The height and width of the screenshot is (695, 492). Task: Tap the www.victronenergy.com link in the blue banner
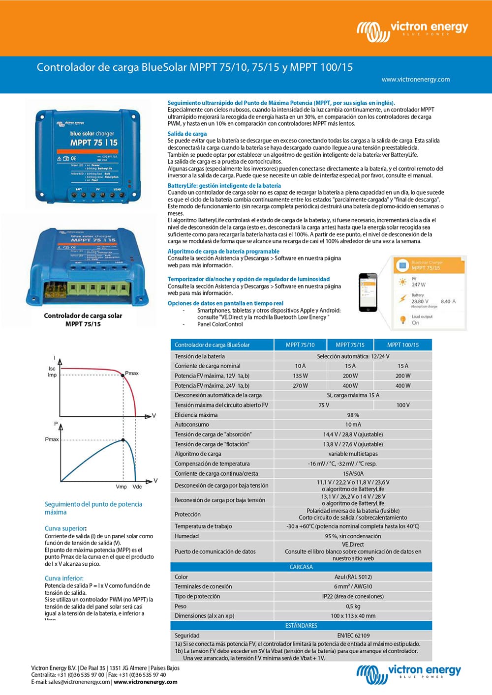click(x=416, y=80)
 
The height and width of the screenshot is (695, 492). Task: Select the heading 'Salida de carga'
click(x=187, y=134)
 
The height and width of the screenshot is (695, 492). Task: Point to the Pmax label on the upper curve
click(x=132, y=373)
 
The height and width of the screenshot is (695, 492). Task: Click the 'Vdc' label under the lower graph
click(x=137, y=487)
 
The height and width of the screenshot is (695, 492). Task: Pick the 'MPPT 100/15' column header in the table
click(x=403, y=345)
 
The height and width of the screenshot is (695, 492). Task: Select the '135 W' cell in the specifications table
click(x=300, y=376)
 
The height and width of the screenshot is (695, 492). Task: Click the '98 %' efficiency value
click(x=353, y=415)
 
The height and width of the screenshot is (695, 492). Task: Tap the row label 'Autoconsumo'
click(x=192, y=425)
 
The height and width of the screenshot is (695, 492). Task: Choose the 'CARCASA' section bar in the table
click(x=301, y=567)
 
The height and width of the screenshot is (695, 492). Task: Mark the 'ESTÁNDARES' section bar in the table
click(x=301, y=626)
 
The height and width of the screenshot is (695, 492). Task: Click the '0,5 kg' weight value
click(x=353, y=606)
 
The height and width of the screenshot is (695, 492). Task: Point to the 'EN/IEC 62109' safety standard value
click(x=353, y=636)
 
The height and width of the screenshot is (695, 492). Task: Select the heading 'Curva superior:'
click(x=65, y=528)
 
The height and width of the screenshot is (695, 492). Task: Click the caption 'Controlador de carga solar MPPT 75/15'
click(x=83, y=319)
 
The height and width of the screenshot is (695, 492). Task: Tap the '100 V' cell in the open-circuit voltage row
click(x=403, y=405)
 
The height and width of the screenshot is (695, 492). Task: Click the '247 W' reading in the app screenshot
click(x=419, y=285)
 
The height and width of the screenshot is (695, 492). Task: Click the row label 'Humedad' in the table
click(x=187, y=536)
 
